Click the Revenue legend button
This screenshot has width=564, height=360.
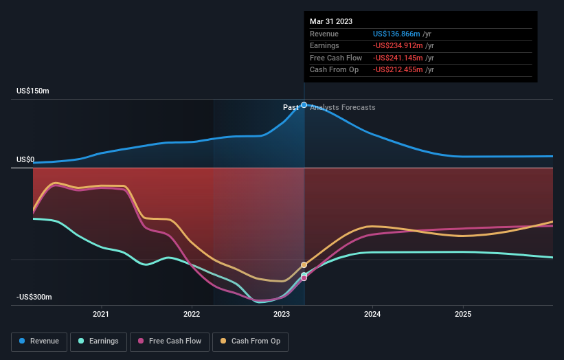40,341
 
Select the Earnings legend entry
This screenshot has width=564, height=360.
99,341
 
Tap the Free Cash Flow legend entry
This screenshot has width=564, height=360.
170,341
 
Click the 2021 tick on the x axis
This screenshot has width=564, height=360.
101,315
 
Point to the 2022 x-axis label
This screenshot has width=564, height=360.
192,315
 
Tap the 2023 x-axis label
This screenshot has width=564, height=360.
282,315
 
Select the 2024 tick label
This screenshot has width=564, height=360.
372,315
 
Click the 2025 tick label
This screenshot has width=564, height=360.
463,315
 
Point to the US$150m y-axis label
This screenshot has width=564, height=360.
33,91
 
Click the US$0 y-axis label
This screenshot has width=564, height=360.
25,160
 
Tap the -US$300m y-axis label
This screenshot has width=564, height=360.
34,297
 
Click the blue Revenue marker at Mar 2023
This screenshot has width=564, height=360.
304,105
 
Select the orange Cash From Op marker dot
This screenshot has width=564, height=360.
304,265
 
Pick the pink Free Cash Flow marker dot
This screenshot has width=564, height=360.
304,278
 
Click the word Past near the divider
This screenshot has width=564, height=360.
291,107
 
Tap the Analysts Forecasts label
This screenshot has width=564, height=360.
343,107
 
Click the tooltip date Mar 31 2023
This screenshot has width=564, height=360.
331,21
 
